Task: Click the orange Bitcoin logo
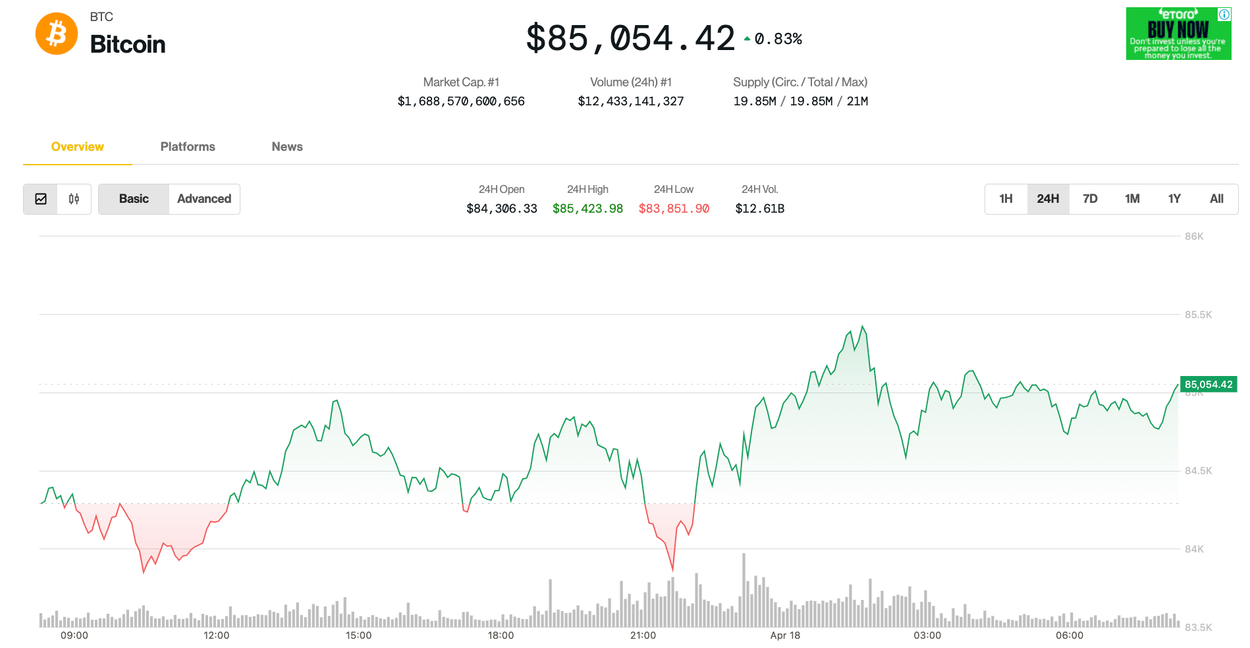pyautogui.click(x=57, y=34)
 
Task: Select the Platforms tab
pyautogui.click(x=188, y=147)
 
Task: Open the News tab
pyautogui.click(x=287, y=147)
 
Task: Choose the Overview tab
pyautogui.click(x=78, y=147)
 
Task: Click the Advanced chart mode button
pyautogui.click(x=204, y=199)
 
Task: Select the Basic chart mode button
pyautogui.click(x=134, y=199)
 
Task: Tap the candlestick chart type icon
pyautogui.click(x=74, y=199)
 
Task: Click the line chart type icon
pyautogui.click(x=41, y=199)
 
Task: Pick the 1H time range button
pyautogui.click(x=1006, y=199)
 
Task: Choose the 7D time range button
pyautogui.click(x=1090, y=199)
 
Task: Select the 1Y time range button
pyautogui.click(x=1174, y=199)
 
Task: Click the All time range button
pyautogui.click(x=1216, y=199)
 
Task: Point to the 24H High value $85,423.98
pyautogui.click(x=587, y=209)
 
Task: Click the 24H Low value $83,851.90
pyautogui.click(x=674, y=209)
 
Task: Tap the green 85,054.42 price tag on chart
pyautogui.click(x=1208, y=385)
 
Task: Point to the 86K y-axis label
pyautogui.click(x=1194, y=236)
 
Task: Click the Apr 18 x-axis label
pyautogui.click(x=785, y=635)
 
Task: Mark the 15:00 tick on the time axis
pyautogui.click(x=358, y=635)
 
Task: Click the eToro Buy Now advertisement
pyautogui.click(x=1178, y=34)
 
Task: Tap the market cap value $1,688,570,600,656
pyautogui.click(x=461, y=101)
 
